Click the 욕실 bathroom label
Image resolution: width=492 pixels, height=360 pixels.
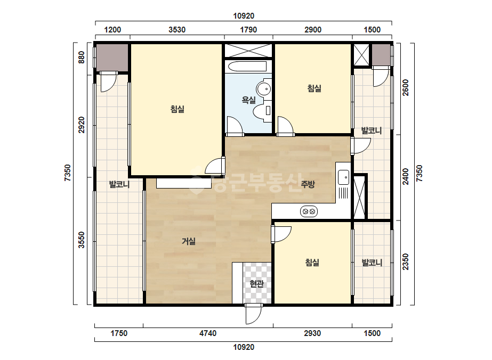click(x=248, y=100)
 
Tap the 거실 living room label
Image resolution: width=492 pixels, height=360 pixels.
click(x=189, y=241)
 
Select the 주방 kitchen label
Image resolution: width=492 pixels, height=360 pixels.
click(x=308, y=184)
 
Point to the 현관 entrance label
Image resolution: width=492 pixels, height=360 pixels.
click(x=257, y=284)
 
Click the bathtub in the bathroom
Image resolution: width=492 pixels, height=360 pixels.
click(x=247, y=67)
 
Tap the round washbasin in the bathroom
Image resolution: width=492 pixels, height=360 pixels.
click(x=263, y=89)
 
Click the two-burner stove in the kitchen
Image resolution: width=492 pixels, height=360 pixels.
click(x=309, y=211)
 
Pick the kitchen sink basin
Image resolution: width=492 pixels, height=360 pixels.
click(x=343, y=177)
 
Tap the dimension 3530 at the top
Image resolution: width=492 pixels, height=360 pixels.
click(x=177, y=30)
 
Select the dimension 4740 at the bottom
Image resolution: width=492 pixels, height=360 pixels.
click(x=208, y=333)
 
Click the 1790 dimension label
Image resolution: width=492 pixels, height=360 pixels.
click(x=248, y=30)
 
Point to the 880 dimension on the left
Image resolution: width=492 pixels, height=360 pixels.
click(x=81, y=58)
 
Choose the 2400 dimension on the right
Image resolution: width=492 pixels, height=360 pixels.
click(x=406, y=177)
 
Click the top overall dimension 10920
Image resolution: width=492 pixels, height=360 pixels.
click(x=244, y=16)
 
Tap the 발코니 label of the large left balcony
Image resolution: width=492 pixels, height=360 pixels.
click(x=119, y=184)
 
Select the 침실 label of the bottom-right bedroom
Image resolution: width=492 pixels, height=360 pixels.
click(x=312, y=263)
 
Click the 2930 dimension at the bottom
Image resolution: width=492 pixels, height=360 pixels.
click(x=312, y=333)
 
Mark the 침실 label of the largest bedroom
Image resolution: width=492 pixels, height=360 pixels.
click(x=178, y=109)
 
